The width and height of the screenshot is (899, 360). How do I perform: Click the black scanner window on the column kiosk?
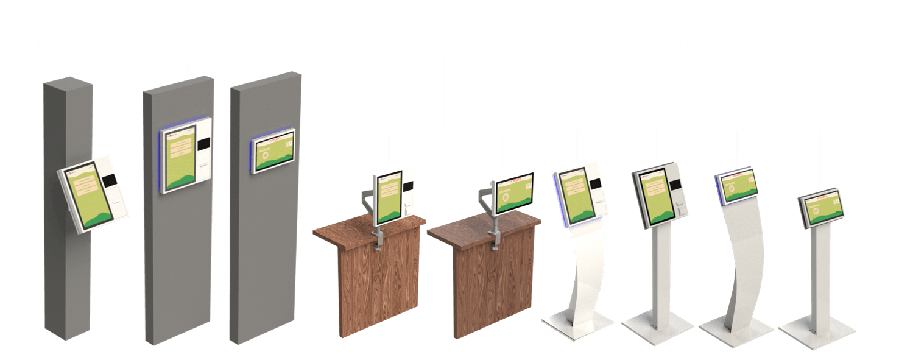110,180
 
